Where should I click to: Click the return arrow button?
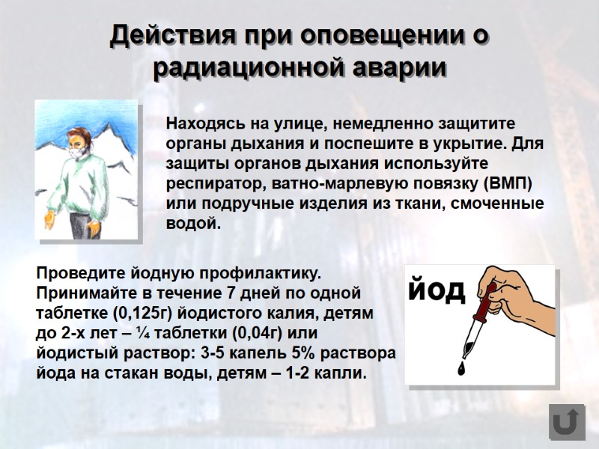tap(567, 422)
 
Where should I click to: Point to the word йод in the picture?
tap(437, 290)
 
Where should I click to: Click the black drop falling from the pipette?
tap(461, 367)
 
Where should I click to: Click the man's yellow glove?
tap(50, 219)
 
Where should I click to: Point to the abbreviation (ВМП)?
tap(512, 183)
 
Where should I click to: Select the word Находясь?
tap(203, 123)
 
